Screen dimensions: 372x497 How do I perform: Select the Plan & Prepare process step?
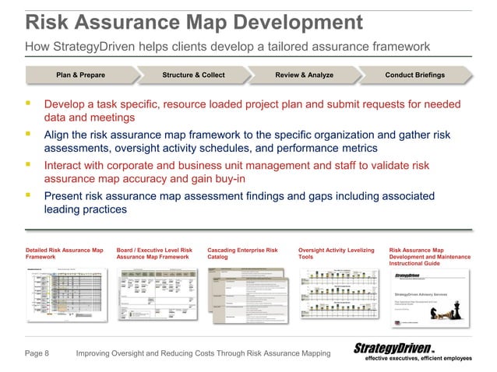[80, 75]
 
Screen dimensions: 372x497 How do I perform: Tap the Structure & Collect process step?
[193, 75]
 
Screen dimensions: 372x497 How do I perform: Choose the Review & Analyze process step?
[304, 75]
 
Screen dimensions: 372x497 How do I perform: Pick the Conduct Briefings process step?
[414, 75]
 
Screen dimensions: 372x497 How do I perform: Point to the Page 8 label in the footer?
[37, 354]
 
